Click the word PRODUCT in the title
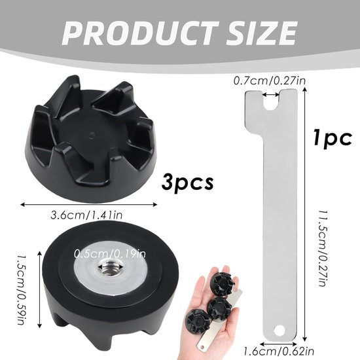[x=140, y=33]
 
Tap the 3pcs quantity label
[x=188, y=182]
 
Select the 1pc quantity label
[x=333, y=138]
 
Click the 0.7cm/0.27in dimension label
[x=270, y=81]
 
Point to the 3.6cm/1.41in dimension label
[x=86, y=215]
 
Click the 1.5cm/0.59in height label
[x=22, y=289]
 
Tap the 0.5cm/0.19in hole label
[x=110, y=254]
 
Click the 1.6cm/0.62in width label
[x=278, y=351]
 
